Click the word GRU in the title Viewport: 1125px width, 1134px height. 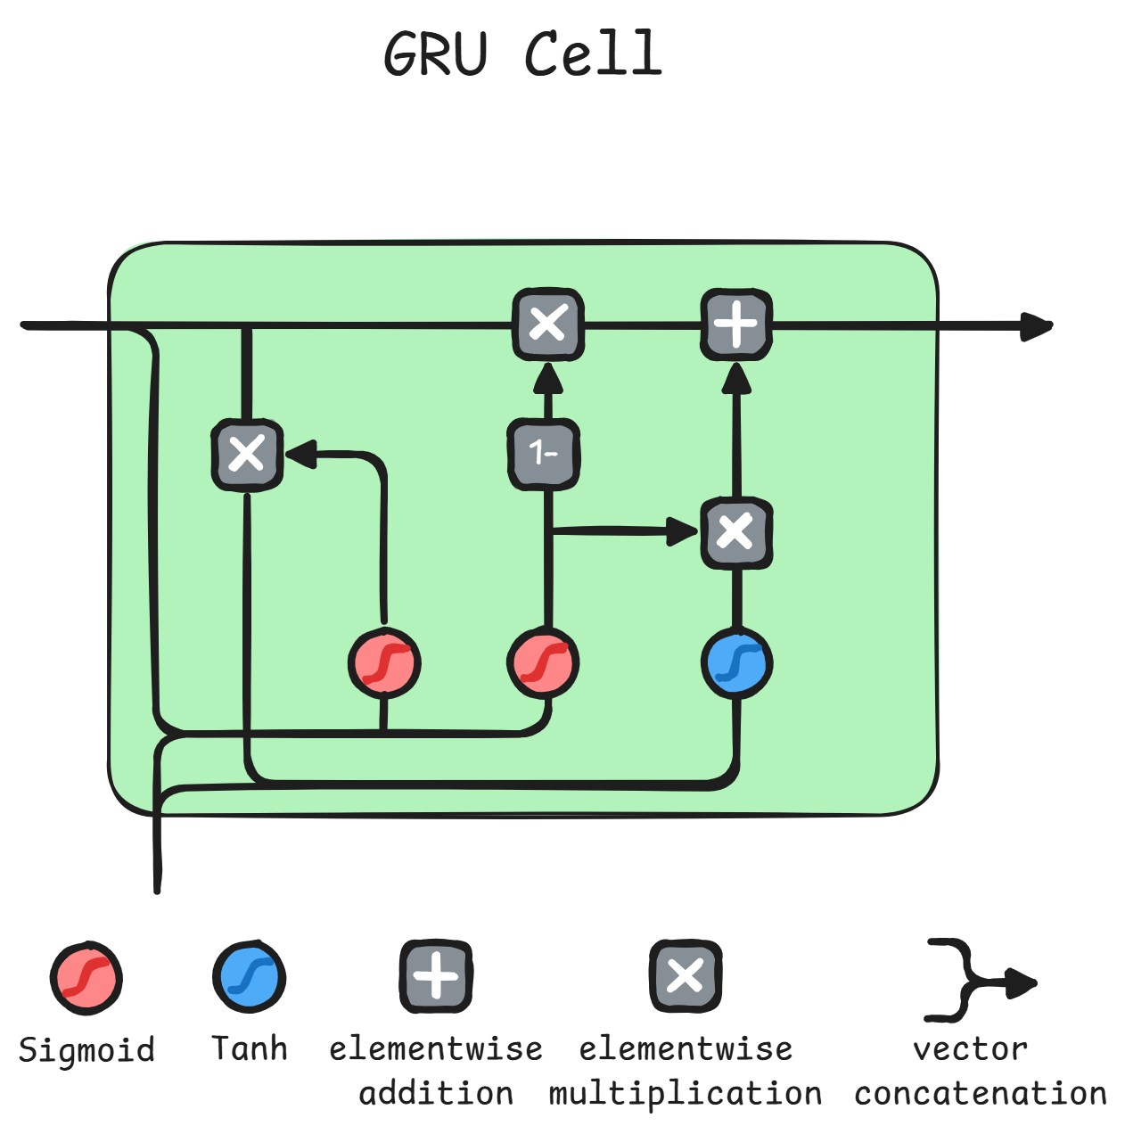436,53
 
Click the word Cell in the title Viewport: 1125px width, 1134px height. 593,53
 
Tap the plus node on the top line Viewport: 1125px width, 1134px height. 736,325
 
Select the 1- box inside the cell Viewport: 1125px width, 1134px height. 544,454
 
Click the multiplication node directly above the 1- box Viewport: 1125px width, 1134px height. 548,325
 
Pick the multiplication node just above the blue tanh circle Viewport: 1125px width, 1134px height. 736,533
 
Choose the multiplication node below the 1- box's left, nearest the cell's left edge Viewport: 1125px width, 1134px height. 247,454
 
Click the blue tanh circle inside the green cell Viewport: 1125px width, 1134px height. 736,663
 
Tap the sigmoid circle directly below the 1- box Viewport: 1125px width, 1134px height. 543,663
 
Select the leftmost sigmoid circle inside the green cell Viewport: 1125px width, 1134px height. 383,663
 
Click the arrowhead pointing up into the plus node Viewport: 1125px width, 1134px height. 736,378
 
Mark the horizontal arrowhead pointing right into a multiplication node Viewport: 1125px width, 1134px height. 683,531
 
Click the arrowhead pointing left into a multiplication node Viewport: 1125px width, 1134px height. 301,454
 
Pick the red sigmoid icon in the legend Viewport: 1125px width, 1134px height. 86,977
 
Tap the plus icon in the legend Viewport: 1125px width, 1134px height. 436,975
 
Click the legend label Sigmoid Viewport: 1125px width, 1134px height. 86,1050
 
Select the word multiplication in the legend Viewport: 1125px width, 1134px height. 685,1093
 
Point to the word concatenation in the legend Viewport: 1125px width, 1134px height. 981,1093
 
